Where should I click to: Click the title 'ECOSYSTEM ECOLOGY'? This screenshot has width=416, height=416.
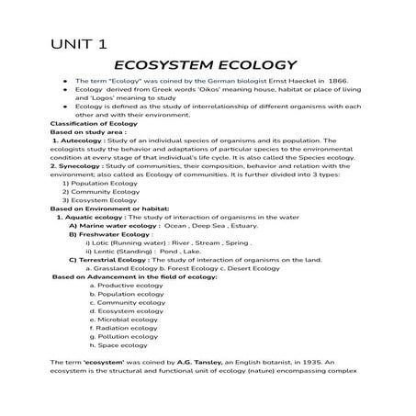[204, 65]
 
